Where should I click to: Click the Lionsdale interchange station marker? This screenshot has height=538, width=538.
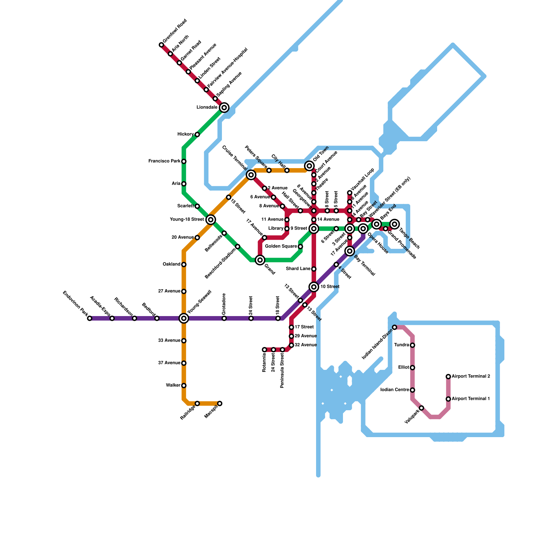click(x=224, y=108)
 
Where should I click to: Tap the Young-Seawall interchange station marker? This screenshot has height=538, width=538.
click(x=184, y=318)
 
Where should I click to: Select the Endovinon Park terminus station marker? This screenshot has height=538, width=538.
click(x=89, y=318)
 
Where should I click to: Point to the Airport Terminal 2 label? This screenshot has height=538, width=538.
click(x=470, y=376)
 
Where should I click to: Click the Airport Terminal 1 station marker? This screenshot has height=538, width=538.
click(x=448, y=399)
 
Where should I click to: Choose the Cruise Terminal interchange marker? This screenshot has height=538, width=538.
click(x=251, y=175)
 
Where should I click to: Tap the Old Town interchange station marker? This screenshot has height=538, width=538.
click(x=309, y=166)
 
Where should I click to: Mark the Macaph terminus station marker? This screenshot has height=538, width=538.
click(x=220, y=403)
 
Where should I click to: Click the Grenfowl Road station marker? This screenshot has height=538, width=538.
click(x=161, y=45)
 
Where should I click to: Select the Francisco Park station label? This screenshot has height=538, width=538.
click(x=164, y=161)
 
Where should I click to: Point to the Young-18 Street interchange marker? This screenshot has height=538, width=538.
click(x=211, y=220)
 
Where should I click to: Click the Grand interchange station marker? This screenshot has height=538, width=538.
click(x=260, y=260)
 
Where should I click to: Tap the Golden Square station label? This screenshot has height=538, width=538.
click(x=281, y=246)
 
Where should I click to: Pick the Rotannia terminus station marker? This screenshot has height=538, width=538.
click(x=264, y=350)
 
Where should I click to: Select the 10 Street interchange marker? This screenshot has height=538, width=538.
click(x=314, y=287)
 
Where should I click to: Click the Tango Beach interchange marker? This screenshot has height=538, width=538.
click(x=395, y=224)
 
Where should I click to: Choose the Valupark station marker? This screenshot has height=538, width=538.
click(x=421, y=408)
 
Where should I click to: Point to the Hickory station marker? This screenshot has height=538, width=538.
click(x=197, y=134)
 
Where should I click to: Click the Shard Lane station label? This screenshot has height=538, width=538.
click(x=298, y=269)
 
